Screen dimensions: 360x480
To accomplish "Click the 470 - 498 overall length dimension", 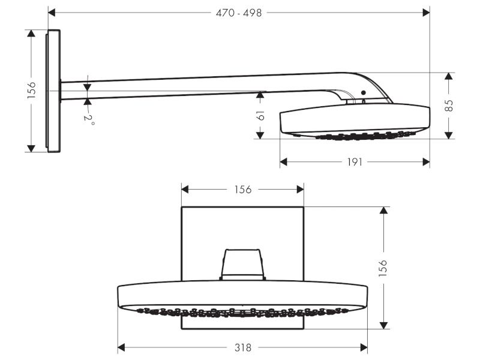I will click(x=239, y=13).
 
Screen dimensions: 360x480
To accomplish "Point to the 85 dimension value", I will click(x=449, y=106).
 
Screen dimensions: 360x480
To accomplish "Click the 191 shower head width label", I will click(x=355, y=163).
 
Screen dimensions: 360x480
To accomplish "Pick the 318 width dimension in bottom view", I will click(x=242, y=347).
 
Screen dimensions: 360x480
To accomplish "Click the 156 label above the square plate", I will click(x=242, y=190).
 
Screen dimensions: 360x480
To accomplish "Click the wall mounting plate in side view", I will click(x=53, y=91).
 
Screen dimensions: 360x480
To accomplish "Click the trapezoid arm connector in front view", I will click(x=243, y=265).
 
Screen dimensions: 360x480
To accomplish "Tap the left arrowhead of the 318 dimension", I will click(x=121, y=347).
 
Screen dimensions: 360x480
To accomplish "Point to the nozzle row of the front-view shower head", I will click(x=242, y=312).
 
